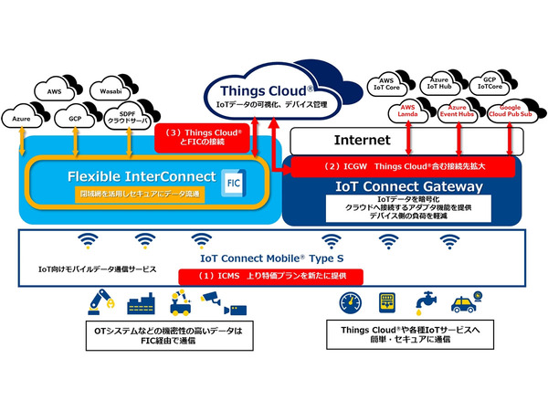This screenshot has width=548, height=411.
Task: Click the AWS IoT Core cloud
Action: (390, 84)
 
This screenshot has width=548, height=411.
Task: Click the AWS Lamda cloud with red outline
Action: (402, 111)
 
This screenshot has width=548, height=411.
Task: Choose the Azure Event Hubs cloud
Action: (454, 111)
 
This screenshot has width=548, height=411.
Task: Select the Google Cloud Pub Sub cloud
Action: (509, 112)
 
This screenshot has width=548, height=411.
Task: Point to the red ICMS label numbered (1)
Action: (269, 274)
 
